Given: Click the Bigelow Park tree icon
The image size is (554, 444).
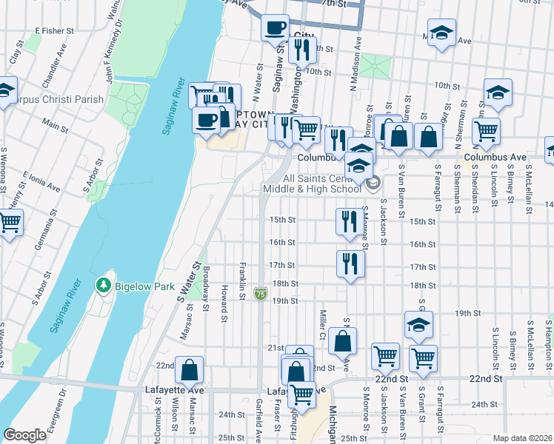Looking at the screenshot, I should pyautogui.click(x=103, y=285).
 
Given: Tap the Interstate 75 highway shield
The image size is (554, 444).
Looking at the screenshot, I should pyautogui.click(x=260, y=294).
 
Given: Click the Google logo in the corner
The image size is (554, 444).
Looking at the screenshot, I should pyautogui.click(x=24, y=435).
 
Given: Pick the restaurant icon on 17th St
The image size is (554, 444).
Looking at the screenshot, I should pyautogui.click(x=350, y=263).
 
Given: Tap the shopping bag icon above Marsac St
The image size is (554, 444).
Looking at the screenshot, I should pyautogui.click(x=189, y=369).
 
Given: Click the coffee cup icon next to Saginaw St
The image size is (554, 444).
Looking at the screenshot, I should pyautogui.click(x=276, y=28).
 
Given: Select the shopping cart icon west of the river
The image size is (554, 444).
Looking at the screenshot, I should pyautogui.click(x=10, y=221).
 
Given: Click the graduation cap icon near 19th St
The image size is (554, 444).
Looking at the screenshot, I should pyautogui.click(x=418, y=324).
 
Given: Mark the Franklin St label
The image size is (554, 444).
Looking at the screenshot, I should pyautogui.click(x=242, y=281).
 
